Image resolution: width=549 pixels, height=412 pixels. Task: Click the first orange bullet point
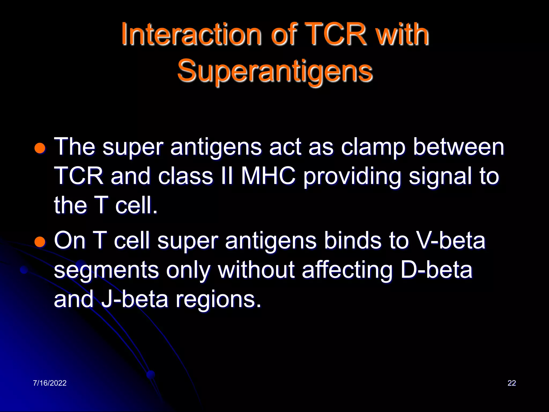(40, 148)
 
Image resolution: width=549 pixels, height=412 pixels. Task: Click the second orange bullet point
(40, 242)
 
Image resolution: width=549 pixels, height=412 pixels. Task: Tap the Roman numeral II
(227, 176)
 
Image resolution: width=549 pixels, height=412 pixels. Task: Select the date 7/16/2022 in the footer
(50, 383)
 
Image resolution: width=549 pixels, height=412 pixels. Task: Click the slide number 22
(511, 383)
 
